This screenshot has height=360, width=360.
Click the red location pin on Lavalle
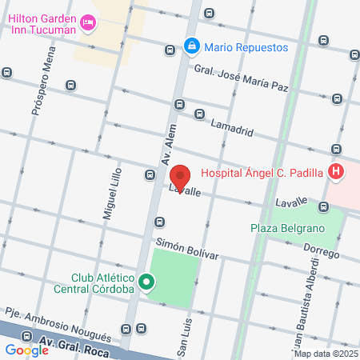tap(182, 176)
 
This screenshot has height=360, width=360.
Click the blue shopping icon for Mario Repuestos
tap(192, 47)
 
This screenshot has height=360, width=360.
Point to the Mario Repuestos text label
tap(245, 47)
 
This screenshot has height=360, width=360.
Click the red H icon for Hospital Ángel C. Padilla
tap(336, 171)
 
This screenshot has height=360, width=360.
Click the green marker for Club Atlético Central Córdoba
tap(146, 282)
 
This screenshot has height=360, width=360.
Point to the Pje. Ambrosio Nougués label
tap(58, 322)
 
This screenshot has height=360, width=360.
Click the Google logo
tap(26, 350)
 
